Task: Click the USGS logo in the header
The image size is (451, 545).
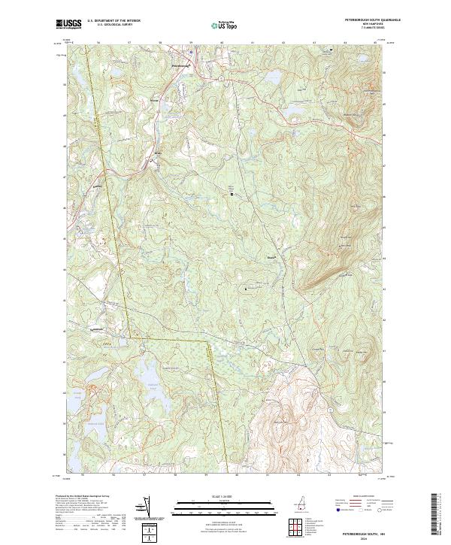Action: click(69, 24)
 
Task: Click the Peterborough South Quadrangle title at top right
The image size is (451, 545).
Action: click(372, 19)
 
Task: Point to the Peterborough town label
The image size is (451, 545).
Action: click(181, 66)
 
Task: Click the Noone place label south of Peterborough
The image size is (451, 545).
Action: click(155, 99)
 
